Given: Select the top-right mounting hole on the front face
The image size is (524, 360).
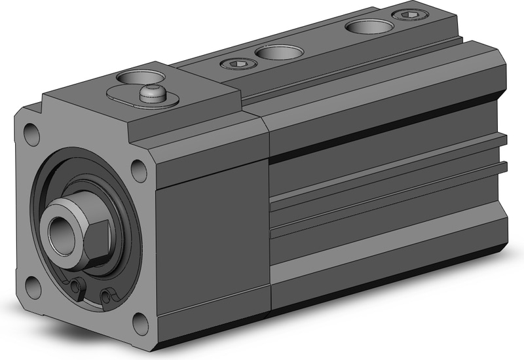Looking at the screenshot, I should coord(139,170).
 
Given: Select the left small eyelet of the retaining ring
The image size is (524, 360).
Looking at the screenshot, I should coord(80,287).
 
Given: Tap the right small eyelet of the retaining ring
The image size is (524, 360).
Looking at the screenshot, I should coord(105,298).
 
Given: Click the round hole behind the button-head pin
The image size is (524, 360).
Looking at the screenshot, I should coord(138,76).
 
